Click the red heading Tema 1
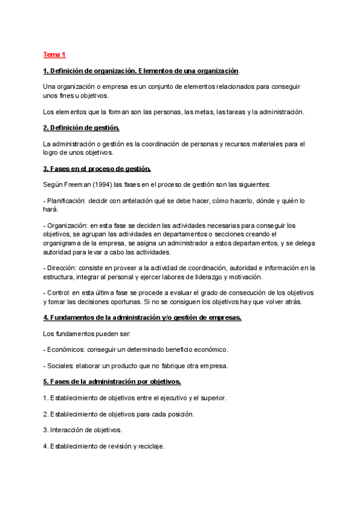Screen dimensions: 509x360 tap(54, 55)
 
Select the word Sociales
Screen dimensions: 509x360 tap(61, 366)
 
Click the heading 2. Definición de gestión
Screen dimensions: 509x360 tap(82, 128)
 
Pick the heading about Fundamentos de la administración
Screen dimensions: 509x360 tap(142, 318)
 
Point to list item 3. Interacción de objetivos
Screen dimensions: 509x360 tap(83, 430)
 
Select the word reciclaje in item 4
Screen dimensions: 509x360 tap(150, 447)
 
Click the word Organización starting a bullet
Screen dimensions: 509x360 tap(67, 226)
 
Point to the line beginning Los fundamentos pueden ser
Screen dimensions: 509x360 tap(91, 333)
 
